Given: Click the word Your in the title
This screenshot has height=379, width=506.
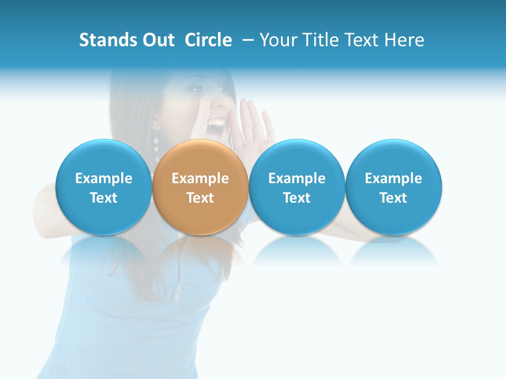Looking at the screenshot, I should coord(279,40).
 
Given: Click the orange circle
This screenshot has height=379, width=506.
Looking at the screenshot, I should coord(200,187).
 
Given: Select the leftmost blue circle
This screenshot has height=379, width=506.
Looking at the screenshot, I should coord(104,187).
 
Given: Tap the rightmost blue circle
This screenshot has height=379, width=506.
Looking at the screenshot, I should coord(394,187).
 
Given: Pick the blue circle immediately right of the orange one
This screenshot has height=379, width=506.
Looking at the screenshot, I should coord(297,187).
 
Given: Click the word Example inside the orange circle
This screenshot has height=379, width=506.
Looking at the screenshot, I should coord(200,178).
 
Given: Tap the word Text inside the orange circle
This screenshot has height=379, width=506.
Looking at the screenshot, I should coord(200,198).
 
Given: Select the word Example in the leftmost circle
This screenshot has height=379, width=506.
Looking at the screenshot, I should coord(104,178).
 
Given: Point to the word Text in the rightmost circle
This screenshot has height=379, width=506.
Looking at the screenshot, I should coord(394,198).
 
